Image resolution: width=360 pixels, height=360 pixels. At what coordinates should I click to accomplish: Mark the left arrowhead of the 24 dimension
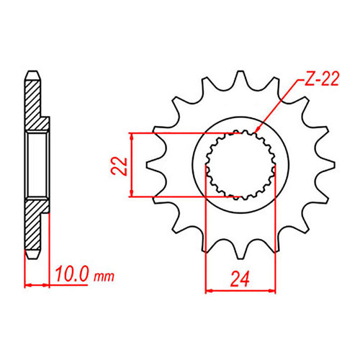point(210,290)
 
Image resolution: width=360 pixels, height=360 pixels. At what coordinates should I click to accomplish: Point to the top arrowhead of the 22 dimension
point(131,137)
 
